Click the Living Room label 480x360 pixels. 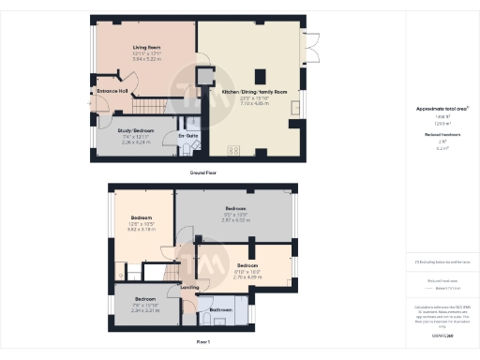146,46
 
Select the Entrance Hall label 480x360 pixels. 112,91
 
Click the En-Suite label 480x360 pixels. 187,136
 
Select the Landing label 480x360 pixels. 189,287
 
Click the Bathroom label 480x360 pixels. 221,309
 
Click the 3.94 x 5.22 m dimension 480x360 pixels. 146,59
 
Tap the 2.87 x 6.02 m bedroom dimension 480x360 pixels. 235,219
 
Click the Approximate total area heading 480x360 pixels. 442,109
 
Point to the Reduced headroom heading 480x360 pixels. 442,135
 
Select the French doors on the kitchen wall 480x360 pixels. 307,47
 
